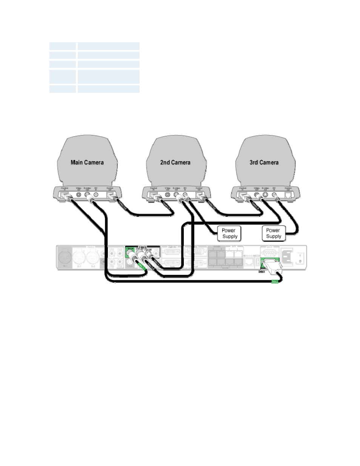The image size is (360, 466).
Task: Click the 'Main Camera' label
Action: pyautogui.click(x=87, y=163)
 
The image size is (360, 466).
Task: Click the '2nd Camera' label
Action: pyautogui.click(x=175, y=163)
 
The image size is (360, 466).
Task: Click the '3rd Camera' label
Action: pyautogui.click(x=264, y=163)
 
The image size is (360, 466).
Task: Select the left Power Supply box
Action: pyautogui.click(x=229, y=233)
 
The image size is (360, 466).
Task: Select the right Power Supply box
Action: pyautogui.click(x=273, y=233)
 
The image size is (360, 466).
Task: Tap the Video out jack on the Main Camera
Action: pyautogui.click(x=79, y=195)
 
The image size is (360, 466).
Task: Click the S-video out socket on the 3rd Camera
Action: pyautogui.click(x=265, y=195)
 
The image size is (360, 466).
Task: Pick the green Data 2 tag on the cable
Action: pyautogui.click(x=275, y=281)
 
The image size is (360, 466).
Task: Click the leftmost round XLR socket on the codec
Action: pyautogui.click(x=64, y=258)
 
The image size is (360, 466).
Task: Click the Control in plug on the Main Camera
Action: pyautogui.click(x=66, y=196)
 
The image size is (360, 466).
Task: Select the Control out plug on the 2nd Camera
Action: pyautogui.click(x=200, y=196)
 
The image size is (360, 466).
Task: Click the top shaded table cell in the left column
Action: pyautogui.click(x=63, y=46)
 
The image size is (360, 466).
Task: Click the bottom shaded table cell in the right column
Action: pyautogui.click(x=108, y=89)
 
